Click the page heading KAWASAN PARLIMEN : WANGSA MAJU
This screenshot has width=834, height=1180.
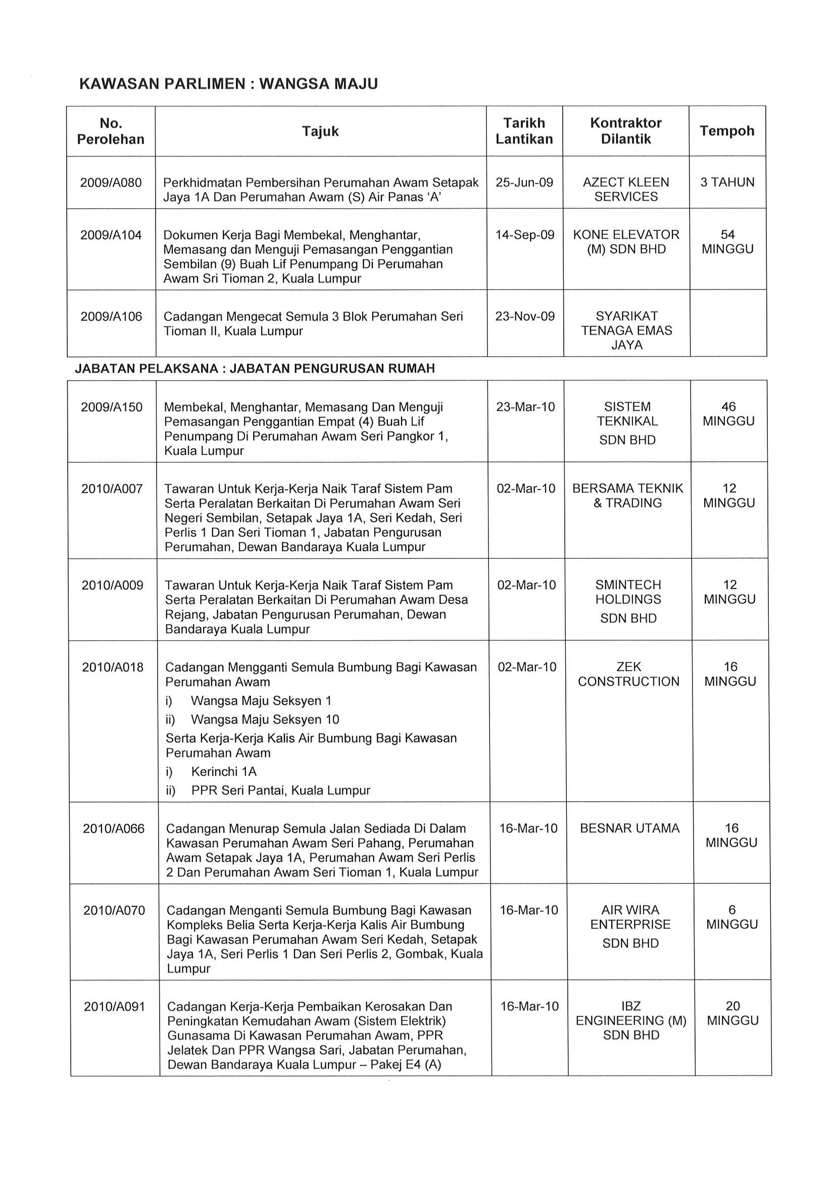click(229, 84)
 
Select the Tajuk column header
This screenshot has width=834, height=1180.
click(320, 131)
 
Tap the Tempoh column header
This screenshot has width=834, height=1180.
click(726, 131)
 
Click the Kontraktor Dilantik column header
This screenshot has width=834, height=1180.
click(625, 131)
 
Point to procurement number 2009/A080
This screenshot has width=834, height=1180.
click(111, 182)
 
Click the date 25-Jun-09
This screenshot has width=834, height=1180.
click(524, 182)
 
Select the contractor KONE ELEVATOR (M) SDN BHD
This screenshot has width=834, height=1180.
click(626, 242)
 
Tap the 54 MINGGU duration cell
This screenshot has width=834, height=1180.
click(727, 242)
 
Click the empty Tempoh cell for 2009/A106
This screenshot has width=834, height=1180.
click(728, 323)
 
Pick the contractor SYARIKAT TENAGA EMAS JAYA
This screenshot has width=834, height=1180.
click(626, 331)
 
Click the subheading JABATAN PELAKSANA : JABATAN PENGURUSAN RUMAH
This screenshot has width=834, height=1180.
click(255, 368)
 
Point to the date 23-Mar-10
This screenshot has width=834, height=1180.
click(525, 407)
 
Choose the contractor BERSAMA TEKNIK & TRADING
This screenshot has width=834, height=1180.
click(627, 495)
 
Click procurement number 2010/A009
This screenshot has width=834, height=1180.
click(113, 585)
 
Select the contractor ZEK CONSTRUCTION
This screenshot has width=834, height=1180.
click(628, 674)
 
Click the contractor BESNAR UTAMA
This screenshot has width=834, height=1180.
click(629, 828)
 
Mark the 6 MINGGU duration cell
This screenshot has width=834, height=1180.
click(732, 917)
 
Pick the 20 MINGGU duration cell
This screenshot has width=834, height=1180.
click(732, 1013)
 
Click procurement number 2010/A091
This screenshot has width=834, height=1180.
click(115, 1007)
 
